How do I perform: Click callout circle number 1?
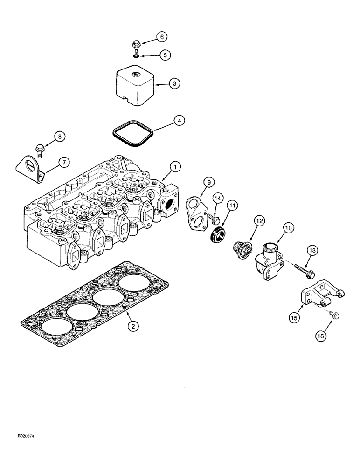[174, 166]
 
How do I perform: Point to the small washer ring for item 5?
[136, 56]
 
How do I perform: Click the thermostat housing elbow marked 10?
[268, 260]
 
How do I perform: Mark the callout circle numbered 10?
[288, 227]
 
